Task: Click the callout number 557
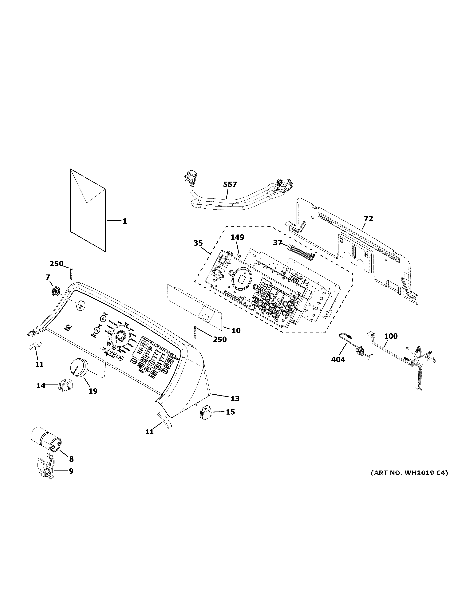point(230,184)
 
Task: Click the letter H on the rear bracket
point(366,254)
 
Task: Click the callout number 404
point(338,360)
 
